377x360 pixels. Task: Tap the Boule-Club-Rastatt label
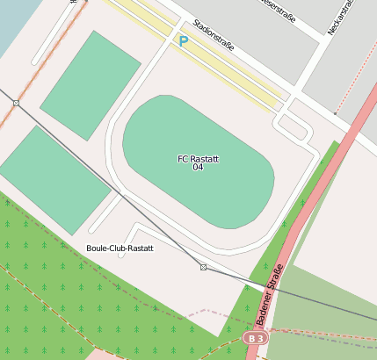(x=120, y=248)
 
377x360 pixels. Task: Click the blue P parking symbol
(x=183, y=40)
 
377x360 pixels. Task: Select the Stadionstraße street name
(x=213, y=36)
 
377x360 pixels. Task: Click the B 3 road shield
(x=256, y=338)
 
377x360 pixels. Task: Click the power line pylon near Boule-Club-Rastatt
(x=203, y=267)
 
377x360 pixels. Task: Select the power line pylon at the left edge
(x=16, y=103)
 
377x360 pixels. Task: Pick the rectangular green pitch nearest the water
(x=91, y=84)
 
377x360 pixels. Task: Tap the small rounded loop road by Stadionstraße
(x=295, y=128)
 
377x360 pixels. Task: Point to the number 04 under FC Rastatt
(x=198, y=167)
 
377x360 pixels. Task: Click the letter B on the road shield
(x=251, y=338)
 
